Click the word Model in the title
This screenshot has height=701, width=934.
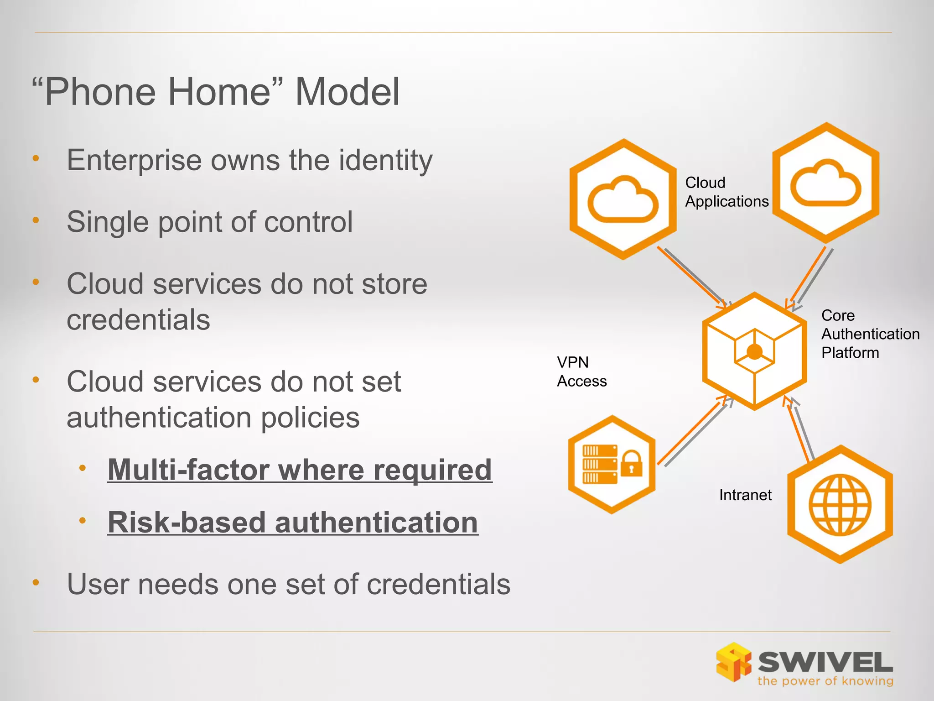point(348,92)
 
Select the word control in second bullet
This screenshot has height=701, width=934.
point(308,222)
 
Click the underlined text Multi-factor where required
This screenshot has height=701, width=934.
point(300,470)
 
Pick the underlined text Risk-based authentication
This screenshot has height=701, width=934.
point(293,522)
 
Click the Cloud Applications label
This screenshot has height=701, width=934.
point(726,192)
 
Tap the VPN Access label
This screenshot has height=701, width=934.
point(581,371)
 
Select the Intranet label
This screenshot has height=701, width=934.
point(745,495)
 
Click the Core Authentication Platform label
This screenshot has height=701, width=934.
point(870,334)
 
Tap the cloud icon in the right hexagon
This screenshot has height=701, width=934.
point(825,183)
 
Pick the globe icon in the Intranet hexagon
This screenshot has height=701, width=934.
point(840,505)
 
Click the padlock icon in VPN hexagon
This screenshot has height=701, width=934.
point(632,464)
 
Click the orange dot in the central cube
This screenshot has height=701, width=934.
point(755,352)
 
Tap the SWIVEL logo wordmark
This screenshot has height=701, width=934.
point(825,662)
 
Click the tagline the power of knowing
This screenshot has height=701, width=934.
point(825,681)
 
